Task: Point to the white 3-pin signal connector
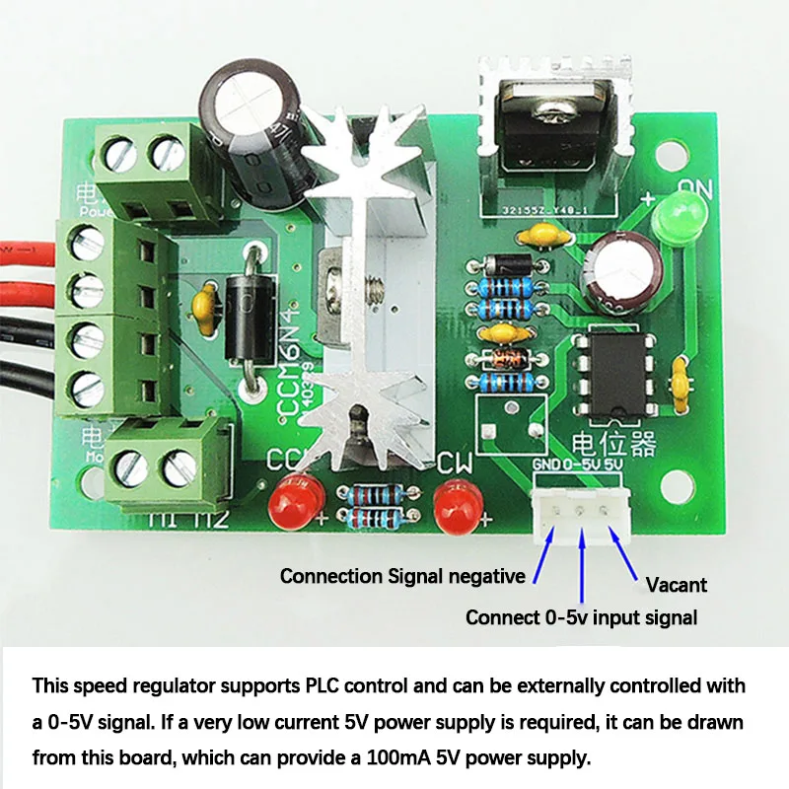pos(583,515)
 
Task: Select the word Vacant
pos(676,585)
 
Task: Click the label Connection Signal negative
pos(403,576)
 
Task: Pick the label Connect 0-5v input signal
pos(581,618)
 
